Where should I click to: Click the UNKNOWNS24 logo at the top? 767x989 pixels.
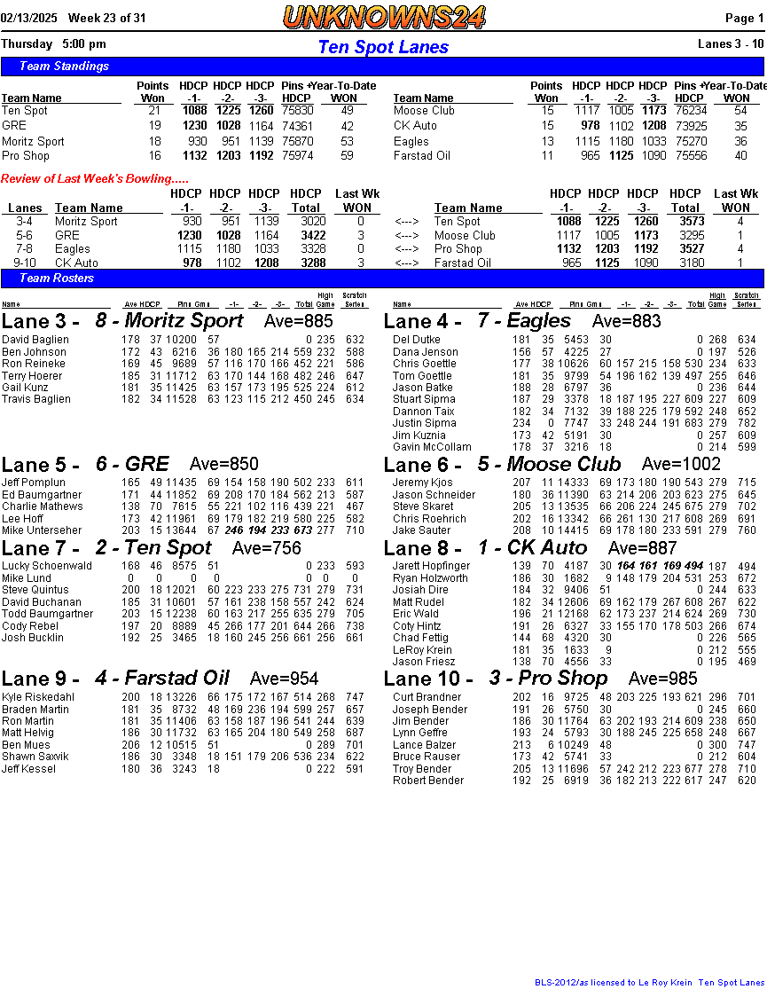tap(384, 17)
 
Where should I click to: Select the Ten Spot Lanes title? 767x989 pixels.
tap(383, 47)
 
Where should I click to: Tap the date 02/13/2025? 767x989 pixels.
tap(29, 18)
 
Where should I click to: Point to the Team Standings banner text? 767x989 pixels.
tap(64, 67)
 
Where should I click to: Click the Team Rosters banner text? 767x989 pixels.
tap(57, 279)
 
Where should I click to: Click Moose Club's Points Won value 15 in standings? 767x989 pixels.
tap(548, 111)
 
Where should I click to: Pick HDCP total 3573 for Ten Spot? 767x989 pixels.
tap(692, 222)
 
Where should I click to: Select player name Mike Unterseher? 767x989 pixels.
tap(43, 530)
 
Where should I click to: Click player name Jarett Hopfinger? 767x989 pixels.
tap(432, 566)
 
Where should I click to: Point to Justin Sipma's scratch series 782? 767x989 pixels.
tap(747, 424)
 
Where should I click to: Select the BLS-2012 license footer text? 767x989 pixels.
tap(646, 983)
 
